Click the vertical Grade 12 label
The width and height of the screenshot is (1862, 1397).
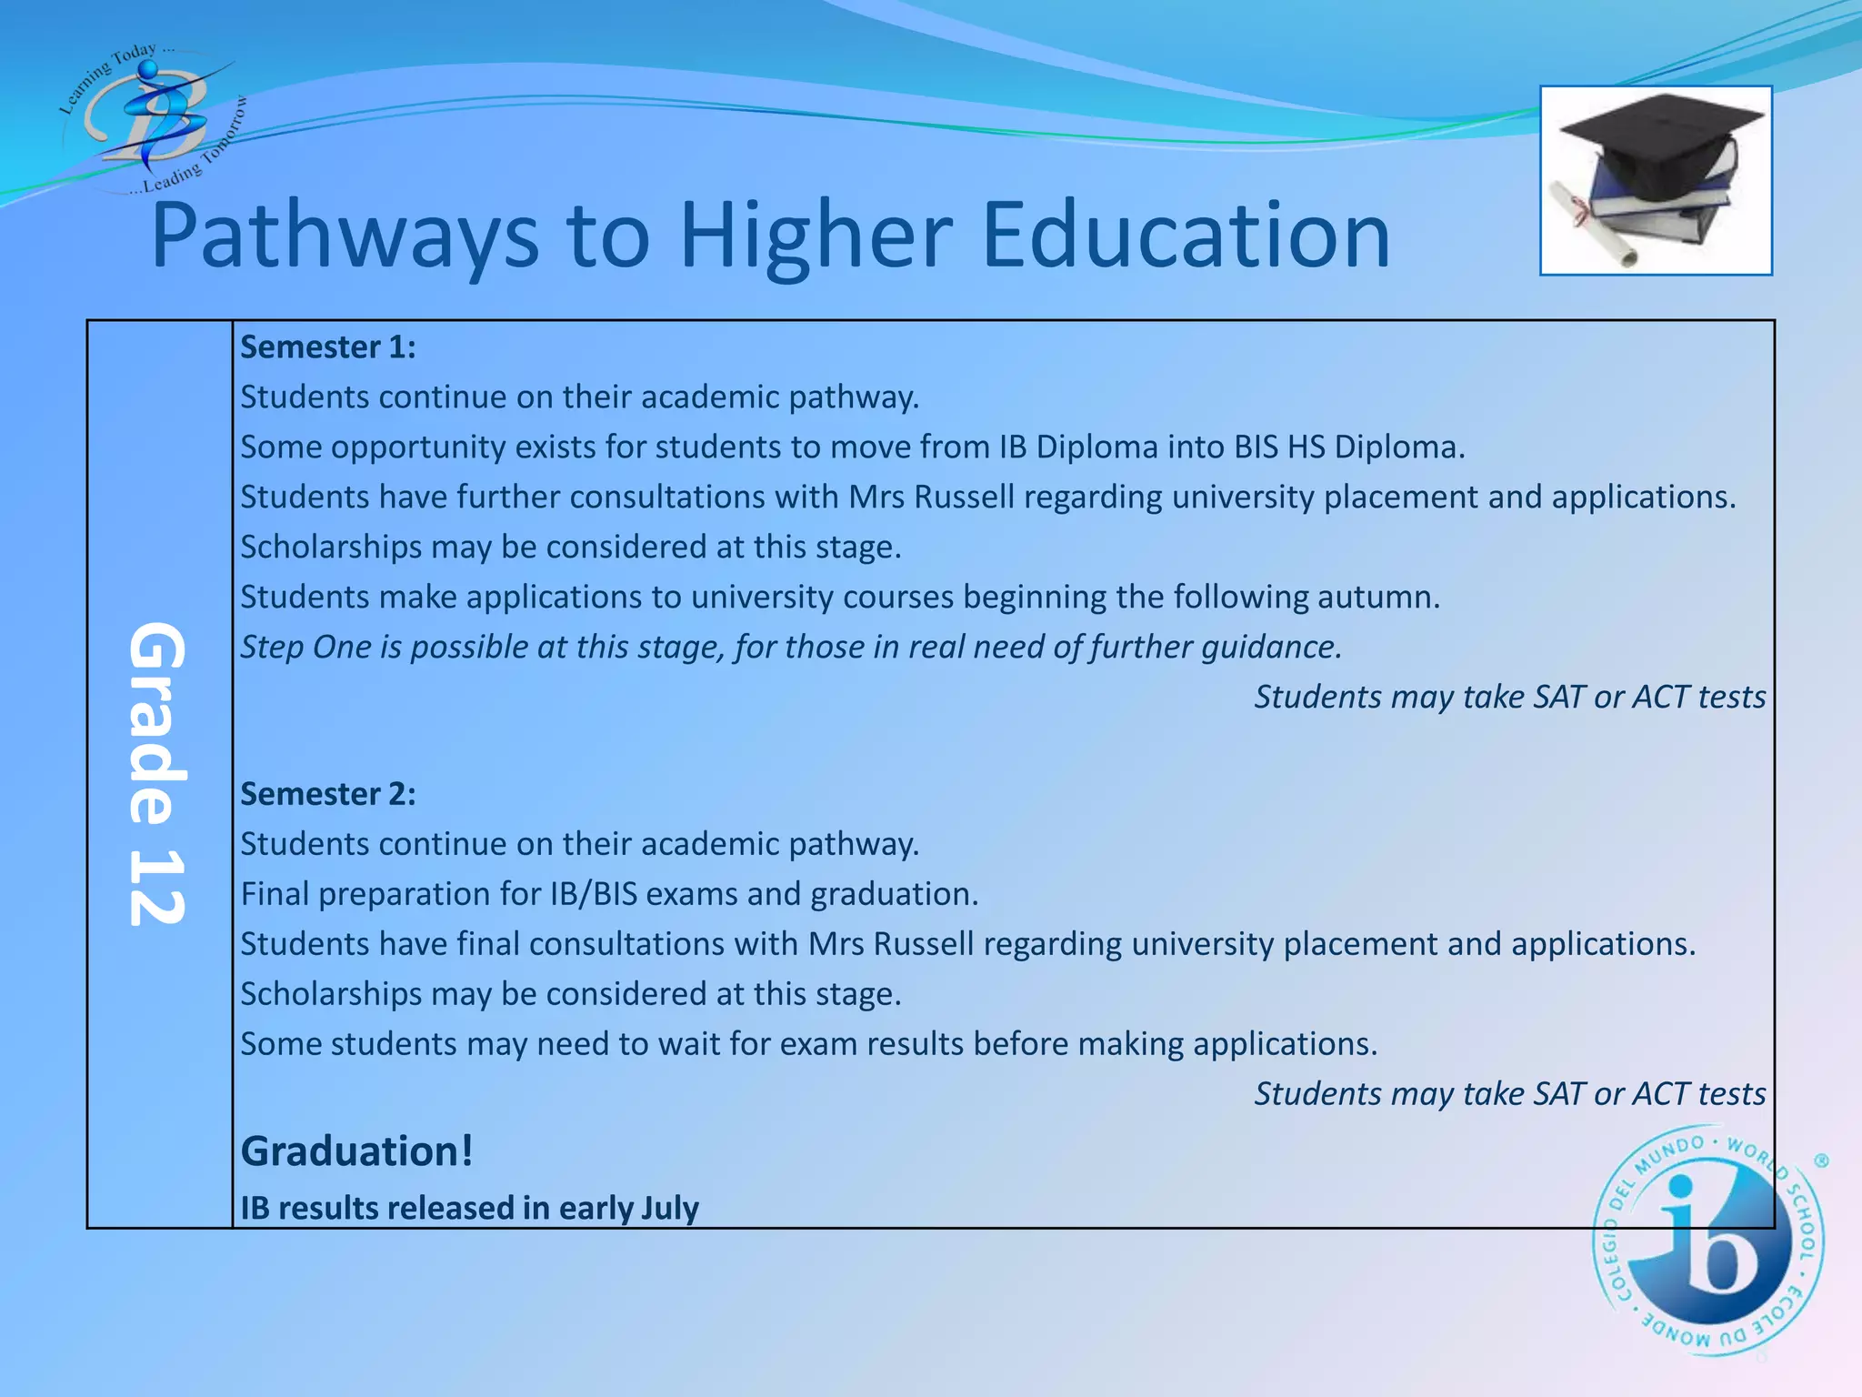coord(158,774)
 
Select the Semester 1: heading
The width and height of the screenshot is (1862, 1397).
coord(328,347)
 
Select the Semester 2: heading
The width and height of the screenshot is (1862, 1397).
coord(328,794)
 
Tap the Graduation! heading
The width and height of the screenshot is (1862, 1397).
coord(356,1151)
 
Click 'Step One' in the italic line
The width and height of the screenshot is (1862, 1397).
coord(305,648)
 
